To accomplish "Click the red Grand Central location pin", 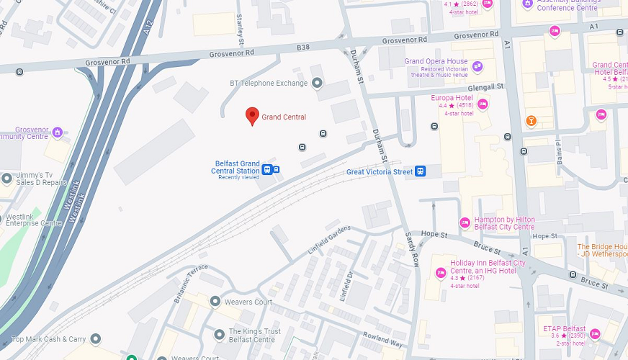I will point(252,116).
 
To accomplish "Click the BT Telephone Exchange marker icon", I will point(315,84).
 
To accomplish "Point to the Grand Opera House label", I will point(436,62).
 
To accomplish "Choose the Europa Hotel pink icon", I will point(483,104).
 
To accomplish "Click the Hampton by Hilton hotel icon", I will point(465,222).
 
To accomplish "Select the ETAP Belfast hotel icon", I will point(594,333).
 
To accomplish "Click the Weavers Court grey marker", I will point(215,301).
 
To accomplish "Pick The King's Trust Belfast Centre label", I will point(252,336).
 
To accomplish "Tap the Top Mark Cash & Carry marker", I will point(96,338).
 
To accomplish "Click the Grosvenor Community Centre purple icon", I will point(58,132).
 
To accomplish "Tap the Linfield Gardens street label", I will point(328,238).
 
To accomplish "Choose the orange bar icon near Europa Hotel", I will point(531,120).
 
